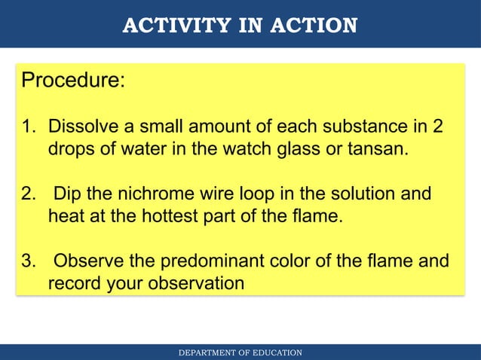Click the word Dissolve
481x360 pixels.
84,126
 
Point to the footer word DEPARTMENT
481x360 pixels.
207,352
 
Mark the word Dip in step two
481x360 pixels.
66,194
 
